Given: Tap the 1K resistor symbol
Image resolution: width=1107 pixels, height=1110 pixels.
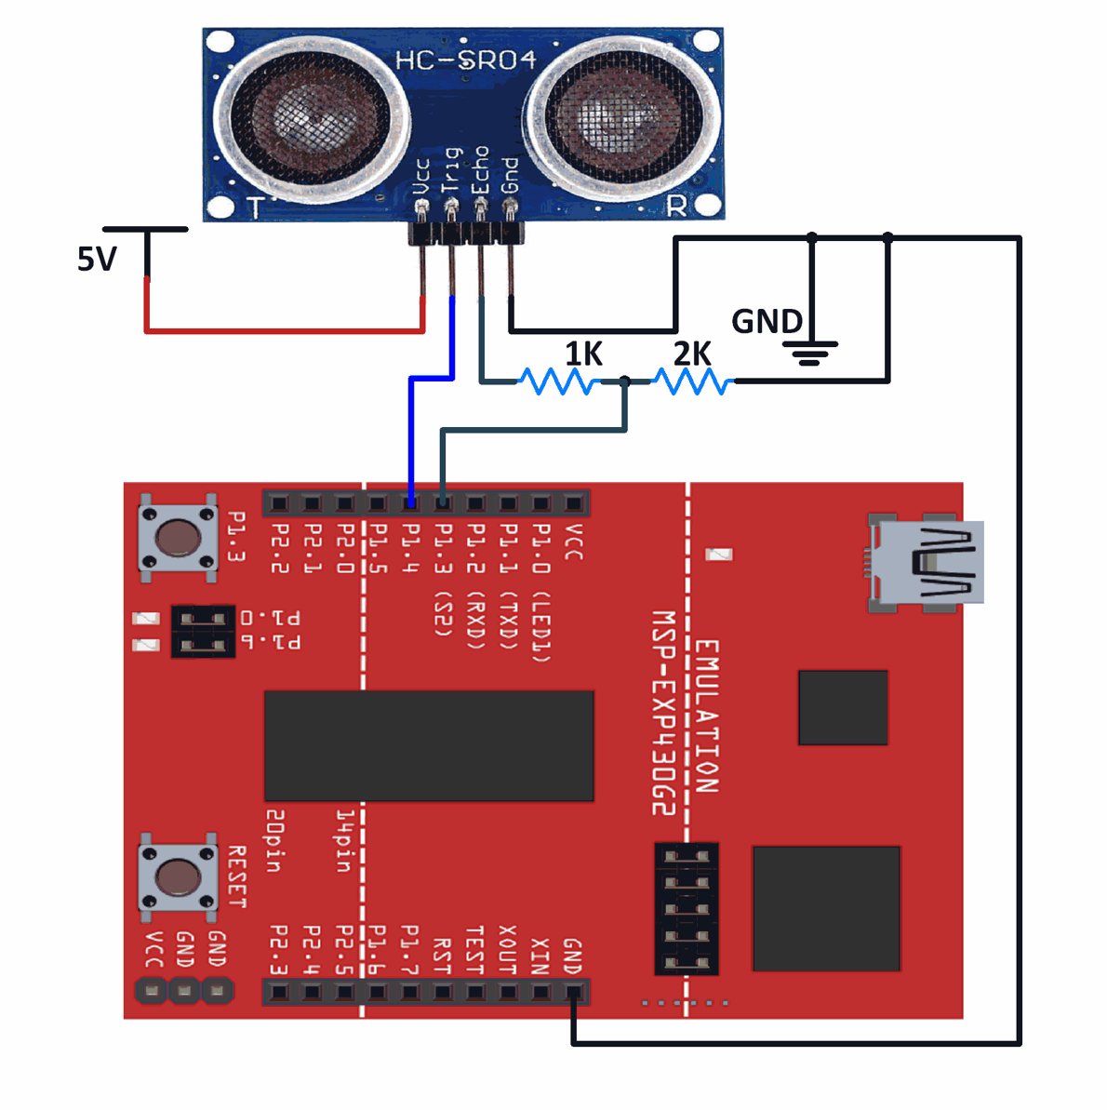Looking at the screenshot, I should coord(559,381).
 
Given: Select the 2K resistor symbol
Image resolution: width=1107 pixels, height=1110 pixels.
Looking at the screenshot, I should coord(692,381).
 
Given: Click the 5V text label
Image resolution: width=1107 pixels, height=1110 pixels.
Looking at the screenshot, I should coord(97,259).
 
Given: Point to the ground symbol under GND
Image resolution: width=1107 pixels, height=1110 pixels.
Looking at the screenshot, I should coord(810,353).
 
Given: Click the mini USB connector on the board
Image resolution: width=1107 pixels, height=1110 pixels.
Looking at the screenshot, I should coord(926,563).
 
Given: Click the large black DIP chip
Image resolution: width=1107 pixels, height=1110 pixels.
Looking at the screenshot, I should coord(429,745).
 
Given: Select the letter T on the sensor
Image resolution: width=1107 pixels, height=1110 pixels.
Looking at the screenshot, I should coord(253,207).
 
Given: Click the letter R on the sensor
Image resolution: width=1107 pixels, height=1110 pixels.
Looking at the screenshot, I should coord(676,207).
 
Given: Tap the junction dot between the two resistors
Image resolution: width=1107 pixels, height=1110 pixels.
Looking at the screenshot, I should coord(625,381).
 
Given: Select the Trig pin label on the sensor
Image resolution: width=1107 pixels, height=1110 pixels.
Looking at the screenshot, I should coord(451,169).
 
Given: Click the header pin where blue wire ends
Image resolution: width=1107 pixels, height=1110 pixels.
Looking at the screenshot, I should coord(410,503).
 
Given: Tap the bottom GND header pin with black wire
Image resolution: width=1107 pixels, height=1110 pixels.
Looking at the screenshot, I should coord(573,992).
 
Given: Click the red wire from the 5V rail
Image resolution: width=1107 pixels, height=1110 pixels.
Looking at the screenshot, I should coord(279,329).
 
